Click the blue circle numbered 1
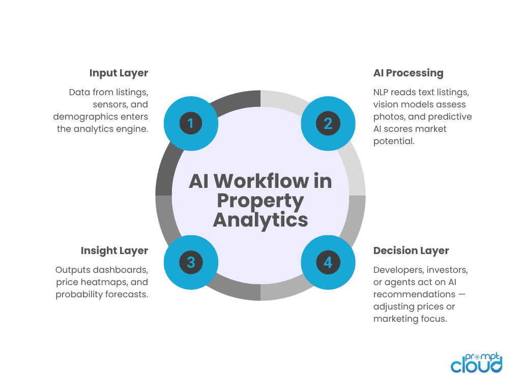click(x=191, y=123)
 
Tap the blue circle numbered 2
click(x=328, y=123)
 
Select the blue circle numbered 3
click(x=191, y=262)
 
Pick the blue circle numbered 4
click(x=328, y=262)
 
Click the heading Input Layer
click(x=119, y=73)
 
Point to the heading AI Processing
click(x=408, y=73)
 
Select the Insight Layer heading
click(x=114, y=250)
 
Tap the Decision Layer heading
click(x=411, y=250)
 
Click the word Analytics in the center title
click(x=260, y=220)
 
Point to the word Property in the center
click(x=260, y=201)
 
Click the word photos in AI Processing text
click(x=387, y=117)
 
